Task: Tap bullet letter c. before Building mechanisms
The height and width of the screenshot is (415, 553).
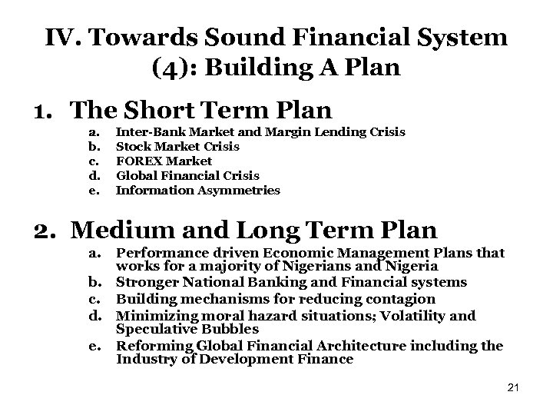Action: (x=94, y=299)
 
